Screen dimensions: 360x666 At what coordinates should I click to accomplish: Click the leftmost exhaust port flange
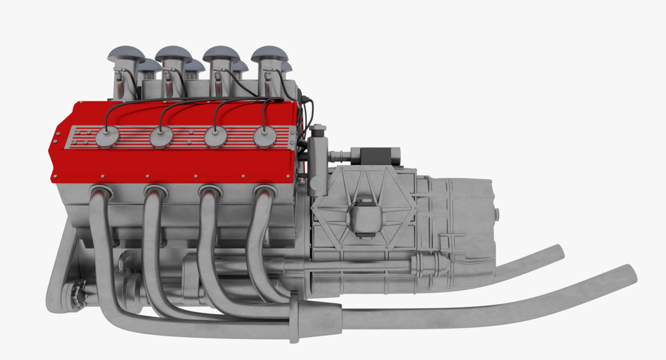coord(101,192)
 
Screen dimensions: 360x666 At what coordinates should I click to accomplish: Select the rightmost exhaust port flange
coord(265,192)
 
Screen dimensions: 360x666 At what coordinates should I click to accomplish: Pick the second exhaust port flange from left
coord(156,192)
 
